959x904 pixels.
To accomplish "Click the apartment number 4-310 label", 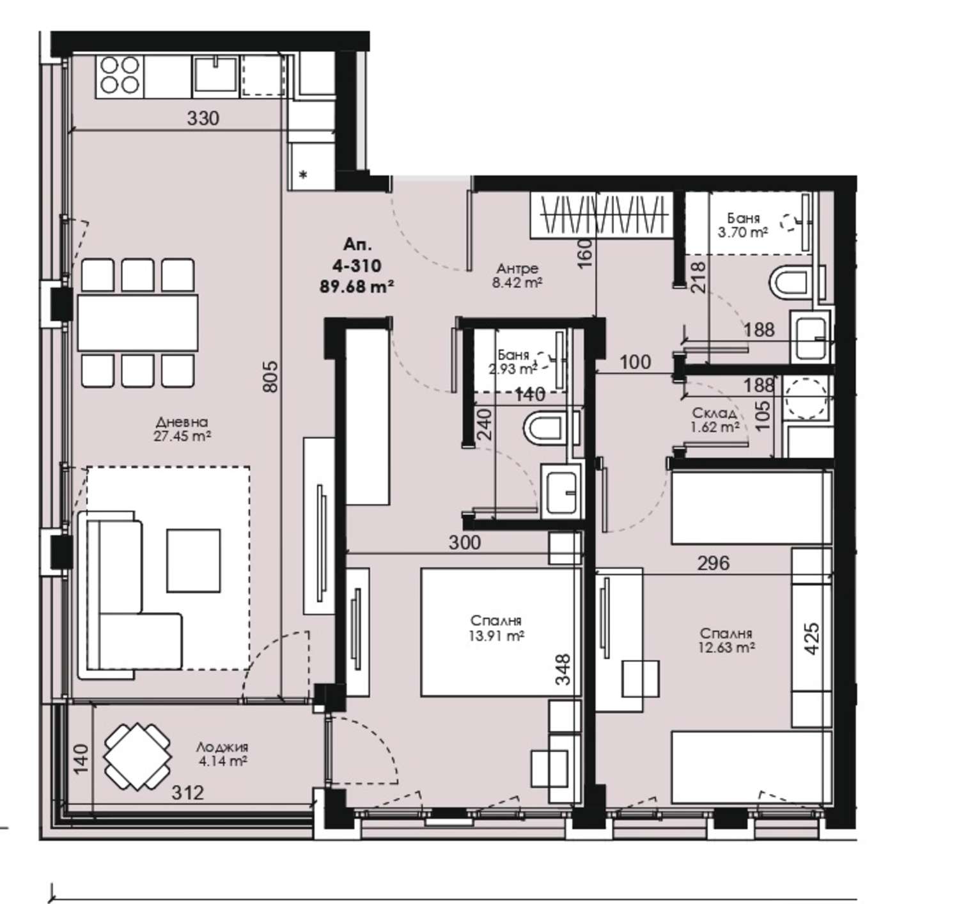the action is point(357,266).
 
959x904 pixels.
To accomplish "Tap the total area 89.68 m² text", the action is point(357,287).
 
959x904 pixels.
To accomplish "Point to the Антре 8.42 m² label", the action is point(517,276).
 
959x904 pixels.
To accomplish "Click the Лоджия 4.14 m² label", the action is point(222,754).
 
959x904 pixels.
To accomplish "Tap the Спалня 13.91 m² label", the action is point(496,628).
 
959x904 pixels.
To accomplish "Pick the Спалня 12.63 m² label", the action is point(726,640).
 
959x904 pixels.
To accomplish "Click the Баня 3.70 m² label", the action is point(743,226).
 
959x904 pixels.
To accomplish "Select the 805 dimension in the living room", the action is point(272,376).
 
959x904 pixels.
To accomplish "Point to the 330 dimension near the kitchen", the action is point(203,118).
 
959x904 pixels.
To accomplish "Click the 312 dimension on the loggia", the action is point(189,793).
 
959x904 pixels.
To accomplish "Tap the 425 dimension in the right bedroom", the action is point(813,638).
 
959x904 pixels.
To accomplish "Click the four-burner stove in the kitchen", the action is point(120,75).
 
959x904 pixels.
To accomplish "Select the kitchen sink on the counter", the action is point(215,74).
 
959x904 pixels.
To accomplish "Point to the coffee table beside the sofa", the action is point(194,560).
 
